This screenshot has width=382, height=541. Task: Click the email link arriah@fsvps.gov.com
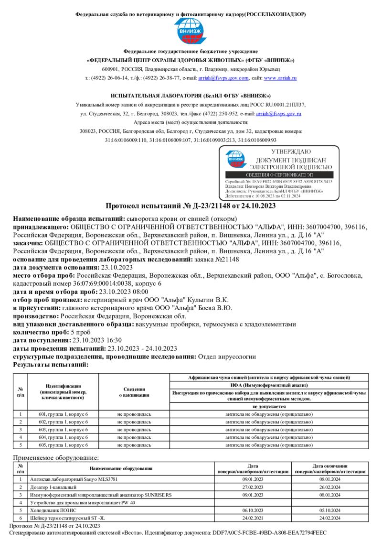pyautogui.click(x=224, y=78)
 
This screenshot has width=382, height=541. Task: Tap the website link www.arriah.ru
pyautogui.click(x=280, y=78)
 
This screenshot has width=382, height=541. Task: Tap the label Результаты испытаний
pyautogui.click(x=51, y=365)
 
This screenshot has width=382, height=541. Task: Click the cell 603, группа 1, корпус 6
pyautogui.click(x=63, y=430)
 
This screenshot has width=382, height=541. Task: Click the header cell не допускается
pyautogui.click(x=269, y=406)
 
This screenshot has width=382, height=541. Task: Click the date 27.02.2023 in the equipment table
pyautogui.click(x=253, y=487)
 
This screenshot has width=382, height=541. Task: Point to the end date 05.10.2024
pyautogui.click(x=330, y=510)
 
